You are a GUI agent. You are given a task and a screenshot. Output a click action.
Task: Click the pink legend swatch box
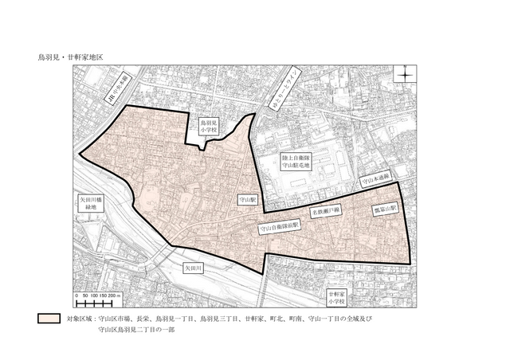tap(49, 319)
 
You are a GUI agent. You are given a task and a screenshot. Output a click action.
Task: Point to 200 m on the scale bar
tap(116, 295)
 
